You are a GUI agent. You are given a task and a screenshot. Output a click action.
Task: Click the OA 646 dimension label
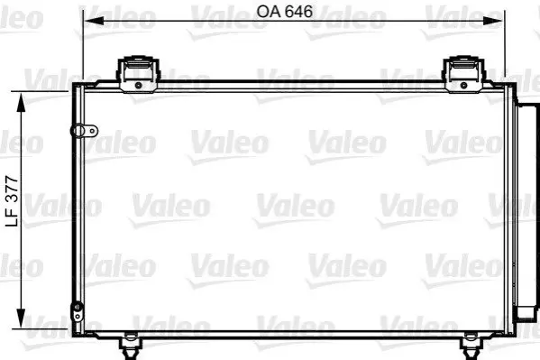pyautogui.click(x=285, y=12)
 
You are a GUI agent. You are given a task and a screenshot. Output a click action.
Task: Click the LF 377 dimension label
pyautogui.click(x=12, y=201)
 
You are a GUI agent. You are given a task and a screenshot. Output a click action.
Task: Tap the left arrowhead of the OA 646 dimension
pyautogui.click(x=94, y=21)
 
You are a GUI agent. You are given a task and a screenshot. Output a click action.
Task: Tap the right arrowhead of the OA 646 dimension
pyautogui.click(x=493, y=21)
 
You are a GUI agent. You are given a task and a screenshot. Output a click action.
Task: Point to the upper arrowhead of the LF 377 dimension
pyautogui.click(x=22, y=103)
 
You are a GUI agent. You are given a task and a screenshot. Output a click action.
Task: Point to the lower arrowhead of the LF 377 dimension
pyautogui.click(x=22, y=318)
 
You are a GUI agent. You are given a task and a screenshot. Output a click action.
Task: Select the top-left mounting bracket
pyautogui.click(x=139, y=74)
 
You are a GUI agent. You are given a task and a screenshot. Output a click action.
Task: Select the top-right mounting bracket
pyautogui.click(x=463, y=74)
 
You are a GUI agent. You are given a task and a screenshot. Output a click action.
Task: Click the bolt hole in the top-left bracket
pyautogui.click(x=139, y=85)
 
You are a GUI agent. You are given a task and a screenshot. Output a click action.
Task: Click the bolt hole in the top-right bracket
pyautogui.click(x=463, y=85)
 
